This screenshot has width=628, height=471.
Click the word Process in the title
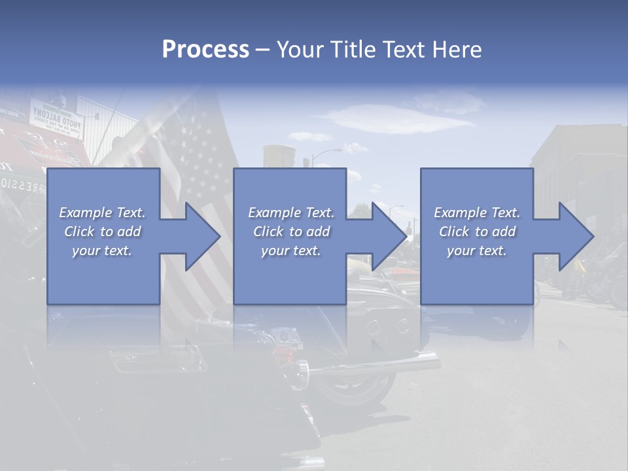click(205, 50)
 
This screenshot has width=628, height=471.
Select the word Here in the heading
click(456, 50)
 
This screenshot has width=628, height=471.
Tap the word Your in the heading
click(302, 50)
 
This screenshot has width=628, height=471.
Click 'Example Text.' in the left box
click(102, 213)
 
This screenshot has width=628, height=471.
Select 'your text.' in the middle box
click(290, 251)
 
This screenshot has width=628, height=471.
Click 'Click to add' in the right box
click(477, 232)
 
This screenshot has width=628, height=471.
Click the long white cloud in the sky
click(399, 122)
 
